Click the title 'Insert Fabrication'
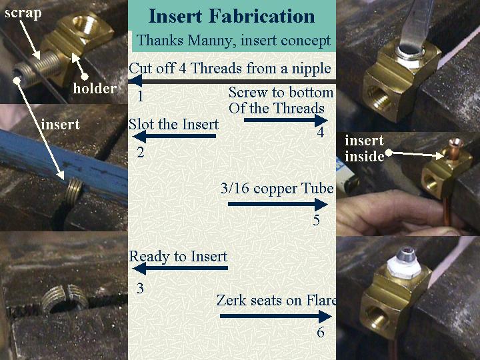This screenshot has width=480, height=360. click(x=232, y=16)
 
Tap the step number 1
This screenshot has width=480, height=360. click(x=140, y=97)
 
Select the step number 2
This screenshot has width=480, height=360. click(x=141, y=152)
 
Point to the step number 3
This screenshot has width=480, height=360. click(x=140, y=288)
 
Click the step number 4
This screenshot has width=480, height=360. click(x=320, y=132)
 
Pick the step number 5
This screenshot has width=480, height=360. click(x=317, y=220)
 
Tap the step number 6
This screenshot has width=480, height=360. click(x=321, y=333)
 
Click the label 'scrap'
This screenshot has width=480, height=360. click(x=23, y=13)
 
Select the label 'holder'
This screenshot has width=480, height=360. click(x=95, y=88)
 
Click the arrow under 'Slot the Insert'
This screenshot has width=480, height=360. click(x=175, y=136)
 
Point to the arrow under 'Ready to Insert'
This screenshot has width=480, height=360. click(x=180, y=268)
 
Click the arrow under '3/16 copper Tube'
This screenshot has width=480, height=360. click(x=278, y=204)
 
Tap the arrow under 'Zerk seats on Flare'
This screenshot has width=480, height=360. click(x=276, y=316)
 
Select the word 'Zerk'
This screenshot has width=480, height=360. click(x=231, y=300)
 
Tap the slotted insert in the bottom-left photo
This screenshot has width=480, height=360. click(x=64, y=299)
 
